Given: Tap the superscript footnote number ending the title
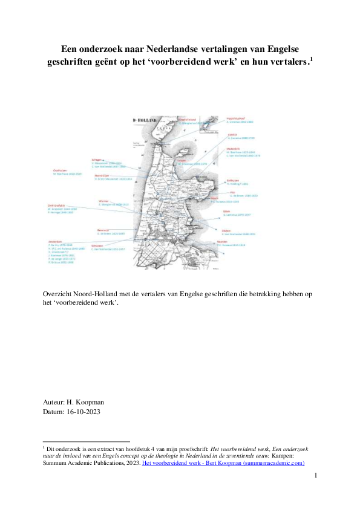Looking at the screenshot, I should [x=311, y=58].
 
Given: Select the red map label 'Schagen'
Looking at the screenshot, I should [x=96, y=160].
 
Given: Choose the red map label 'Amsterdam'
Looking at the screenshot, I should [x=56, y=241].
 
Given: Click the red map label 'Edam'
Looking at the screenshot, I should [x=227, y=211].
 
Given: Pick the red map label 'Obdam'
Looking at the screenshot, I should [x=226, y=230].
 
